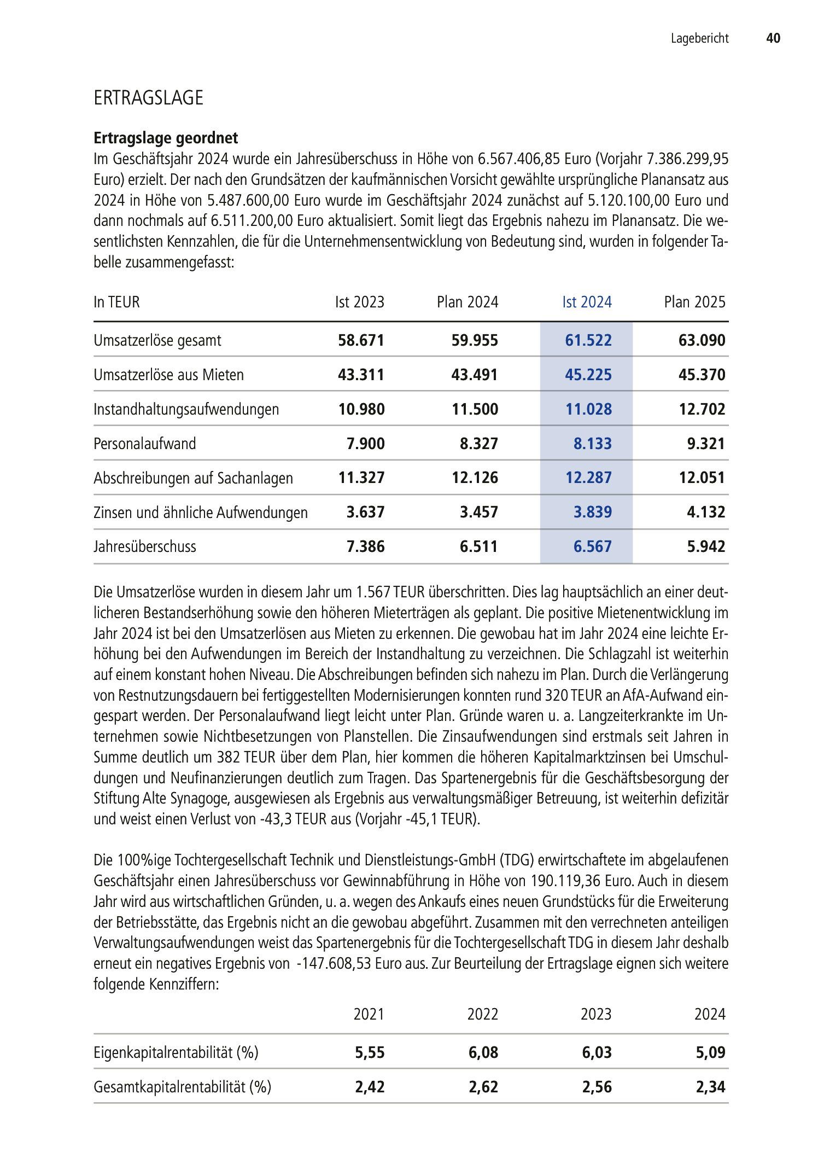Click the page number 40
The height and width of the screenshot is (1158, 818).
(x=773, y=38)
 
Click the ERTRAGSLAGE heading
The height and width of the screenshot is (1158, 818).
(x=148, y=98)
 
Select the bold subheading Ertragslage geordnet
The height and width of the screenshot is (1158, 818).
(x=166, y=138)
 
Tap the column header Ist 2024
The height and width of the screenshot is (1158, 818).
(x=587, y=302)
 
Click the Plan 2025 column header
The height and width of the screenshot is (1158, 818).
(x=694, y=302)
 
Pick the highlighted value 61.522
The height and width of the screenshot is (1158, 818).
(x=588, y=340)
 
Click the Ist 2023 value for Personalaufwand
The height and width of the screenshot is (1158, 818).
(x=365, y=443)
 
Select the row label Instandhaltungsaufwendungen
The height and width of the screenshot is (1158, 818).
(x=186, y=409)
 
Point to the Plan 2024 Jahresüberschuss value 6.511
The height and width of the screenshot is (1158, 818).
(x=478, y=546)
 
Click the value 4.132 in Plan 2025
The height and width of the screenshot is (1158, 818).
(x=706, y=512)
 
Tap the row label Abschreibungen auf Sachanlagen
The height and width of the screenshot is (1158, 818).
(x=193, y=478)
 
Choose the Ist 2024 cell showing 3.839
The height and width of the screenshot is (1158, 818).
(x=592, y=512)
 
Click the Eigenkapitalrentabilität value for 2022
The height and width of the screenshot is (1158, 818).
(x=483, y=1052)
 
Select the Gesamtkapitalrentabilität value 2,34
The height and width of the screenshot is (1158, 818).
(x=710, y=1086)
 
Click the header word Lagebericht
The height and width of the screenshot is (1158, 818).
(x=700, y=38)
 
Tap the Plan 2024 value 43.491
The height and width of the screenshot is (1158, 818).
(x=475, y=375)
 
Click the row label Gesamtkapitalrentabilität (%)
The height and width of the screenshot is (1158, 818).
(x=182, y=1086)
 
